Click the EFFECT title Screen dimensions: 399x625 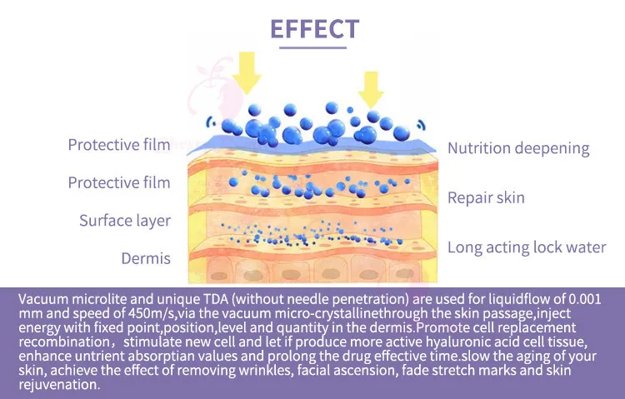pyautogui.click(x=314, y=28)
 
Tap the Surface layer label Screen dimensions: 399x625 pyautogui.click(x=125, y=221)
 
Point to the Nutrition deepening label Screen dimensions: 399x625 pyautogui.click(x=518, y=148)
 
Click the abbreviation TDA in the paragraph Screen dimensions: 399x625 pyautogui.click(x=213, y=299)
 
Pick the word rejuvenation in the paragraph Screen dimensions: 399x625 pyautogui.click(x=58, y=386)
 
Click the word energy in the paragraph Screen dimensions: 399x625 pyautogui.click(x=38, y=328)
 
